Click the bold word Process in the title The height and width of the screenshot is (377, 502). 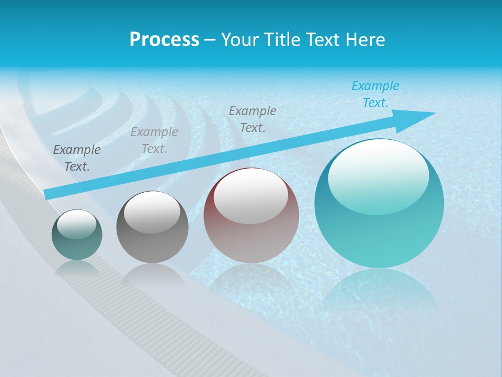[164, 40]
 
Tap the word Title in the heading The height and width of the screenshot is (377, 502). [280, 40]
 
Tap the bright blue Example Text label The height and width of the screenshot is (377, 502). [375, 94]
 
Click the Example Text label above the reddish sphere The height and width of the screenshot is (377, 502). [253, 119]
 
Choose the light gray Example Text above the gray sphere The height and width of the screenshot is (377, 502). [154, 140]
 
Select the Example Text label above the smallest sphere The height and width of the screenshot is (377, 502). [77, 158]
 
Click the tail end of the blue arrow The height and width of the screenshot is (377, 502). [48, 194]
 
